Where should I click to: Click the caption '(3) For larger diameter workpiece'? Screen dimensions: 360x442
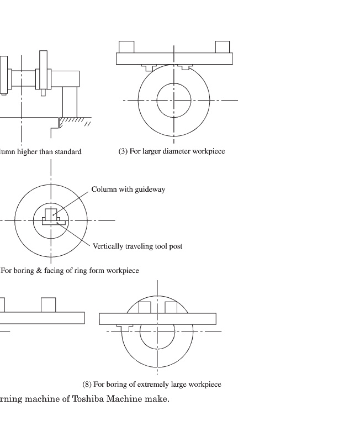tap(172, 151)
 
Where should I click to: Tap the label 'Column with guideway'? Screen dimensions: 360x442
tap(128, 189)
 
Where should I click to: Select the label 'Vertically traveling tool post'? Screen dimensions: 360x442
tap(137, 246)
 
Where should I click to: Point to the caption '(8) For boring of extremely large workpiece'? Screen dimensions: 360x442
tap(152, 384)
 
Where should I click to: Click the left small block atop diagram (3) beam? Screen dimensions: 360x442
tap(126, 47)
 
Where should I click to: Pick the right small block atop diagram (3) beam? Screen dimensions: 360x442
tap(223, 47)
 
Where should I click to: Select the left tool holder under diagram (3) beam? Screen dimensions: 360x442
tap(149, 67)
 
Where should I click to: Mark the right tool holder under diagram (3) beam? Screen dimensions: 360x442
tap(186, 67)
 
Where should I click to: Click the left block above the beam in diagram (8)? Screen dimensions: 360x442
tap(145, 307)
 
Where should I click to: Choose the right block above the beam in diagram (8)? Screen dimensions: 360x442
tap(171, 307)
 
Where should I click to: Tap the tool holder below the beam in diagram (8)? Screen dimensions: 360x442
tap(124, 328)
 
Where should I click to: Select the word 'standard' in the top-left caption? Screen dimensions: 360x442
tap(68, 151)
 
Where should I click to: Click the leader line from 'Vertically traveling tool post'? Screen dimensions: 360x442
tap(73, 234)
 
